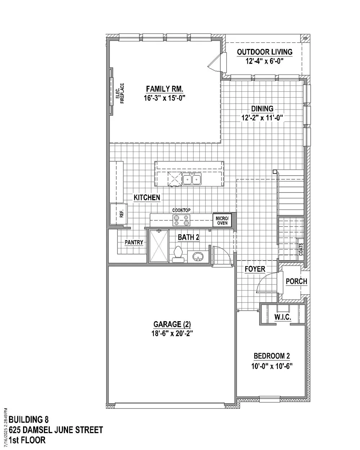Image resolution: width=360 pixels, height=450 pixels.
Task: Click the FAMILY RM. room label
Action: point(165,89)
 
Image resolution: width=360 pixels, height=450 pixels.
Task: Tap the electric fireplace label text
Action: point(120,93)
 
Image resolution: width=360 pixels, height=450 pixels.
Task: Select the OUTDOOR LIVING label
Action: point(264,52)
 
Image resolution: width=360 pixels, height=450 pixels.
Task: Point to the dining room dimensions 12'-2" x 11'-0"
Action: point(262,118)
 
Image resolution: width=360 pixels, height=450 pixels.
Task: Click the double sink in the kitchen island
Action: point(192,179)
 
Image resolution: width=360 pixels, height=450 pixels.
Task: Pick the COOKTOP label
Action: point(181,210)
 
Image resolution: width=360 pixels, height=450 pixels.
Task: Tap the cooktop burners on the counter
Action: point(181,220)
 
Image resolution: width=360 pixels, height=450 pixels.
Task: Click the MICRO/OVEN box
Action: point(222,220)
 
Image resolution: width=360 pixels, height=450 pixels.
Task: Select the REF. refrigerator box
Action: point(118,214)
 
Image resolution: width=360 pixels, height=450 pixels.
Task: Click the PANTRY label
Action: point(134,242)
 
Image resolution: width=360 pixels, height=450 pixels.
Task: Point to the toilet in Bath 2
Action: point(178,254)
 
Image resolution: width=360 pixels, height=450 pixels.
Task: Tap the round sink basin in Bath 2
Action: point(198,256)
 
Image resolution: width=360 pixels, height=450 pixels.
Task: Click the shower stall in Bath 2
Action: point(159,246)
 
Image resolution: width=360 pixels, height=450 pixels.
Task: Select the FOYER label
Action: point(255,269)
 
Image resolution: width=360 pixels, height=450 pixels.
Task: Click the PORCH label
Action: point(296,281)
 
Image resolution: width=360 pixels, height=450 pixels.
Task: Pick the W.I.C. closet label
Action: point(283,317)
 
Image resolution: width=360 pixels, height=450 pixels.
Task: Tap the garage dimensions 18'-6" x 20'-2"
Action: point(172,333)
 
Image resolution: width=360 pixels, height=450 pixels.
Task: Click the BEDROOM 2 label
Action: point(272,356)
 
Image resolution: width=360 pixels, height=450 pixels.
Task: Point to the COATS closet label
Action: point(301,249)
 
